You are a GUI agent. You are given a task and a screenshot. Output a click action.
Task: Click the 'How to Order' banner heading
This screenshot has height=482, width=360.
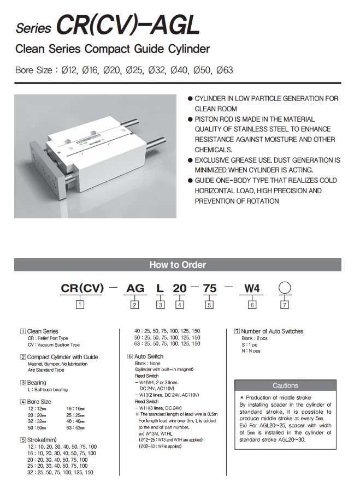tap(178, 265)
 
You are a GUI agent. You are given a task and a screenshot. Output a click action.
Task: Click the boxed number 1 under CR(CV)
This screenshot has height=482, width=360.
tap(80, 305)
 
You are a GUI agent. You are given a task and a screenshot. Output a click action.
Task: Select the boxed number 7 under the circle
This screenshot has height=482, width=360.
tap(284, 305)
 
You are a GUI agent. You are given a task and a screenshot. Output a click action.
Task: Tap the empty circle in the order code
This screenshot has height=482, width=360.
tap(284, 288)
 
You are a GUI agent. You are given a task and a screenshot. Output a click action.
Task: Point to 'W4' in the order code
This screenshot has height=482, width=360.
tap(252, 288)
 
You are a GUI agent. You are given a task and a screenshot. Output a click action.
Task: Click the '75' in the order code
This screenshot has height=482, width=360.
tap(210, 288)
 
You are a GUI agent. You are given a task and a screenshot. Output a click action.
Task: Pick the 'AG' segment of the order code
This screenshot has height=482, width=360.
tap(135, 288)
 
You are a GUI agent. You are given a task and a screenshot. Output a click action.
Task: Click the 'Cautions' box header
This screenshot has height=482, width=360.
tap(285, 385)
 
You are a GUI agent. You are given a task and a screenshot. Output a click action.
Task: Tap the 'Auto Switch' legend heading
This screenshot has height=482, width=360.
tap(149, 356)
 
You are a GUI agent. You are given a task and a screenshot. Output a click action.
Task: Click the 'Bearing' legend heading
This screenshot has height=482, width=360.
tap(37, 383)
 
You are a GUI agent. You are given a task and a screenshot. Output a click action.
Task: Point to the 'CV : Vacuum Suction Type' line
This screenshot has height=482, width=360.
tap(54, 345)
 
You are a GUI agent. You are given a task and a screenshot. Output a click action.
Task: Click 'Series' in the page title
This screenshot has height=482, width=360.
tap(33, 28)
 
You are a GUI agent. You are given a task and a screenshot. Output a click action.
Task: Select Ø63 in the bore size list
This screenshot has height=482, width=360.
tap(225, 70)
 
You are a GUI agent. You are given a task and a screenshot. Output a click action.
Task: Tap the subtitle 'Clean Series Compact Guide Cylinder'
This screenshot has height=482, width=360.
tap(113, 50)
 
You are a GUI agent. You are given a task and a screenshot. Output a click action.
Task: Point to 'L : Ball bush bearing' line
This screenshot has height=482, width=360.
tap(48, 390)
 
